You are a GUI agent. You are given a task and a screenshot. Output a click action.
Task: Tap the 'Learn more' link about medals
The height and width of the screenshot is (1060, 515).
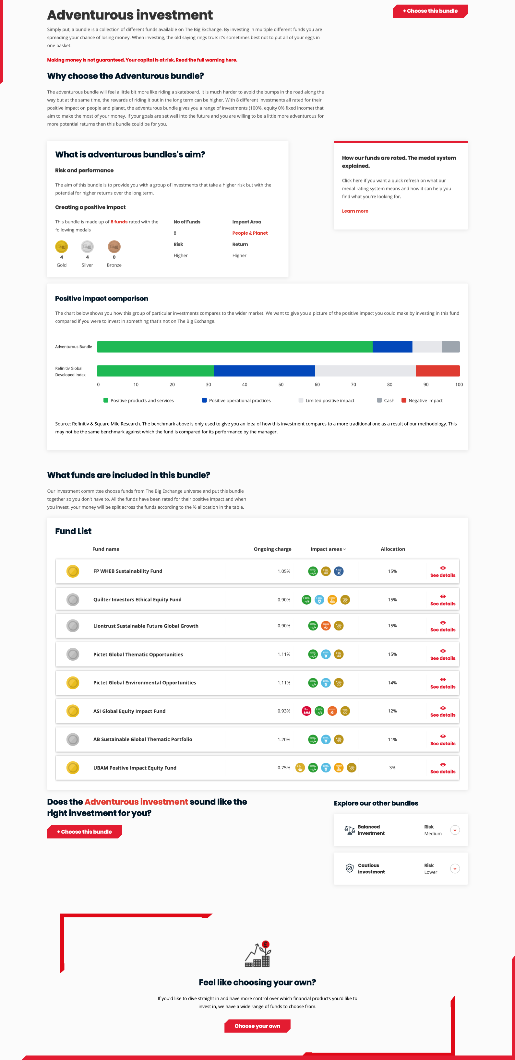[x=355, y=211]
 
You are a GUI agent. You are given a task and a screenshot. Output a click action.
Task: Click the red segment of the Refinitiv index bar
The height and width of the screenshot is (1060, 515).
[x=437, y=371]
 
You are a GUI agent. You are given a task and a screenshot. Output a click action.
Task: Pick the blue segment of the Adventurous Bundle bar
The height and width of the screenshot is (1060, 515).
[x=392, y=347]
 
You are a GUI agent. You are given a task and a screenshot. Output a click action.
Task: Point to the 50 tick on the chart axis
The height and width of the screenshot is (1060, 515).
[x=281, y=385]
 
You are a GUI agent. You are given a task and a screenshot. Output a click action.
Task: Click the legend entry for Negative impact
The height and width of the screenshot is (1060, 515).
[x=425, y=401]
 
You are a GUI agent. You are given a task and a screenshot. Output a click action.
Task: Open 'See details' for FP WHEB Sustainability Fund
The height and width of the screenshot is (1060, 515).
[x=443, y=571]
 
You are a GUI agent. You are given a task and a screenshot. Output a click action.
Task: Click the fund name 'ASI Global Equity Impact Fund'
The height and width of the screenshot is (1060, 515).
[x=129, y=711]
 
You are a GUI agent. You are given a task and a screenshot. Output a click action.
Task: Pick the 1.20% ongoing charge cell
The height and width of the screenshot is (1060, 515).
[x=284, y=739]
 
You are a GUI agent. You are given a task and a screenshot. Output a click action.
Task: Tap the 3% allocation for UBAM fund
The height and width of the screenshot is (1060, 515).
[x=392, y=768]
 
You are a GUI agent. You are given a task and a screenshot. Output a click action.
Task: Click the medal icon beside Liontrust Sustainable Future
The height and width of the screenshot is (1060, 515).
[x=73, y=626]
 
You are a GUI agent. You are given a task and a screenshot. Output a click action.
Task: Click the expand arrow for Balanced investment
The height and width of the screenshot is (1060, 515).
[x=454, y=830]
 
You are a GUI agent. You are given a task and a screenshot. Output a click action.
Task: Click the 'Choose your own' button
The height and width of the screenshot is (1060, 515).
[x=257, y=1026]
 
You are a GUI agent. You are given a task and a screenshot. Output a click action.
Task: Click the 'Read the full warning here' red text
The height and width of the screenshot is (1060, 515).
[x=206, y=60]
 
